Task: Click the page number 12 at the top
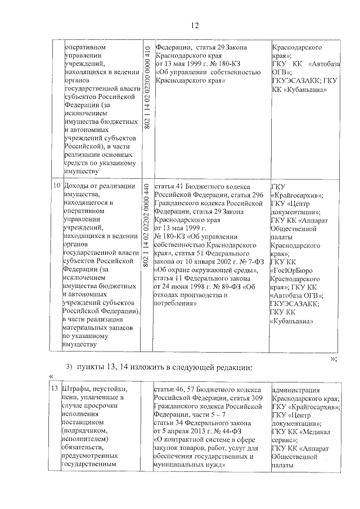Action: [x=195, y=25]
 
